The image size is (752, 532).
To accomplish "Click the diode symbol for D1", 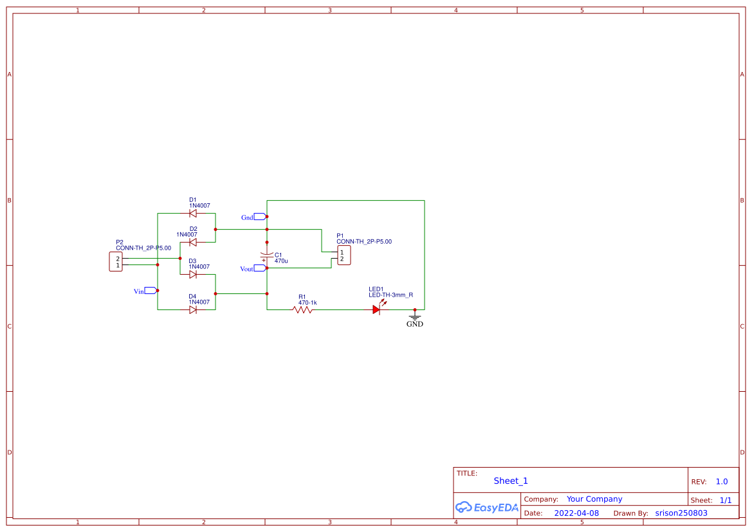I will [x=192, y=214].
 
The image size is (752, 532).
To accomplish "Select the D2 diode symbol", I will [x=192, y=243].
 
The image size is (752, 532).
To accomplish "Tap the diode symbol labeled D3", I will [x=192, y=274].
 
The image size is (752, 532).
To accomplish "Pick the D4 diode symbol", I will [x=192, y=309].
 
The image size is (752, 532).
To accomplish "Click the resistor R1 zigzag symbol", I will [x=302, y=309].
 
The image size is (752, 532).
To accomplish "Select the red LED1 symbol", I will [x=376, y=309].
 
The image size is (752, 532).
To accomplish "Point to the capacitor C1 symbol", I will [x=267, y=256].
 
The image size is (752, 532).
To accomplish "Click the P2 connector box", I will [x=116, y=262].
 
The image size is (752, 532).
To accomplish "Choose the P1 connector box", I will [x=344, y=255].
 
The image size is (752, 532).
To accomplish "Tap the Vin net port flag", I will [x=151, y=291].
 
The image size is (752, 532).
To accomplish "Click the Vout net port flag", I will [x=260, y=268].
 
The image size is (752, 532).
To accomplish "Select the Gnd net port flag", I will [x=260, y=217].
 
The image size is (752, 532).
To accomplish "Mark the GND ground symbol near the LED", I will [x=415, y=317].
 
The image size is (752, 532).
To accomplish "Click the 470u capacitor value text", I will [x=281, y=262].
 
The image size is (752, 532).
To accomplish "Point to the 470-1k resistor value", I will [x=307, y=302].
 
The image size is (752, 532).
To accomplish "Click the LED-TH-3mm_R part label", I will [x=390, y=295].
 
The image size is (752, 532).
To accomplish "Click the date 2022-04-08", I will [x=576, y=513].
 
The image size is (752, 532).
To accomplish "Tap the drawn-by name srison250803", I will [x=681, y=513].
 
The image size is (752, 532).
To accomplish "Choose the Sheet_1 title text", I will [x=511, y=481].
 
